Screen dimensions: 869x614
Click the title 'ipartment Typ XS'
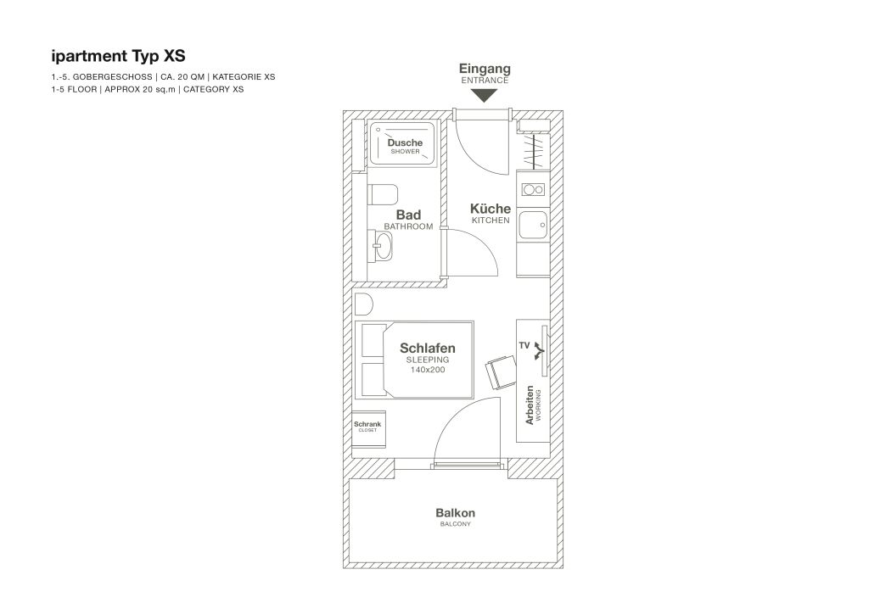(x=118, y=57)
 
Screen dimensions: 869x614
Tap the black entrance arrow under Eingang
(x=485, y=95)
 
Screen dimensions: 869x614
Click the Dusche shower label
(x=405, y=142)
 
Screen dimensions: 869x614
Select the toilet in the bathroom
(x=383, y=194)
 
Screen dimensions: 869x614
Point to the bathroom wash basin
(x=383, y=245)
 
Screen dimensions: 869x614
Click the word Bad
(x=408, y=215)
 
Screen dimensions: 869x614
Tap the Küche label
(x=491, y=208)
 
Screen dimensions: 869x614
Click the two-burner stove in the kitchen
(x=534, y=190)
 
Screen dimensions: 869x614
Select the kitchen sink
(x=533, y=225)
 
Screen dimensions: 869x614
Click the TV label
(x=524, y=345)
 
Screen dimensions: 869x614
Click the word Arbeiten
(x=530, y=405)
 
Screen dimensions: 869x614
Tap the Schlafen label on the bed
(x=428, y=349)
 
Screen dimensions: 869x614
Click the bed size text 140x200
(x=428, y=370)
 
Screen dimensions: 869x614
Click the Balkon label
(x=455, y=513)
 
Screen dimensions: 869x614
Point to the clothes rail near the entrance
(x=534, y=151)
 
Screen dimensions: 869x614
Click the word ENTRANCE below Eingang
(x=485, y=81)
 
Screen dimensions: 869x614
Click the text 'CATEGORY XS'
(x=213, y=89)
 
